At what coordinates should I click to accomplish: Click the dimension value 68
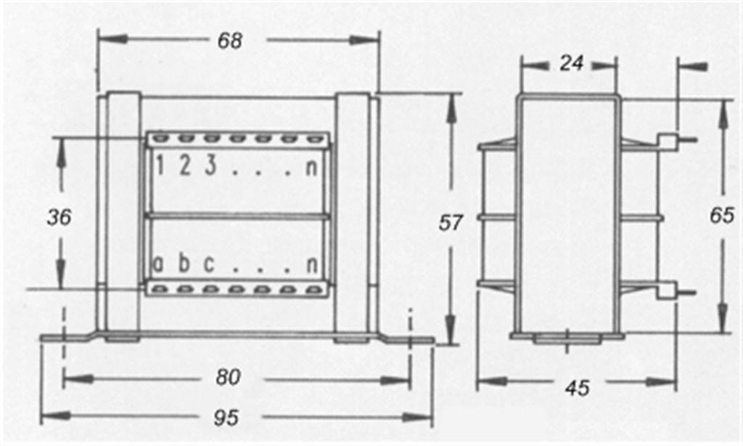tap(230, 41)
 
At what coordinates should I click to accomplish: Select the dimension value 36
tap(59, 217)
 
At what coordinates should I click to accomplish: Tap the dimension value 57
tap(450, 222)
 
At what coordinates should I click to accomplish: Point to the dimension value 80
tap(229, 377)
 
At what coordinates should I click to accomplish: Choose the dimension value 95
tap(226, 418)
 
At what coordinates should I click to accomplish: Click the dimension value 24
tap(572, 63)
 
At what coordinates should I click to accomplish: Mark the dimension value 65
tap(722, 216)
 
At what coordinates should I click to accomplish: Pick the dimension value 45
tap(578, 388)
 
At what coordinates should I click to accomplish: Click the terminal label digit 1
tap(160, 166)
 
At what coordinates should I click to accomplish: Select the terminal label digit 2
tap(185, 166)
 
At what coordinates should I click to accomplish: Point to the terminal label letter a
tap(158, 264)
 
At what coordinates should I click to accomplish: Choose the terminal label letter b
tap(184, 262)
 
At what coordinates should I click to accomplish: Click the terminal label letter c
tap(209, 264)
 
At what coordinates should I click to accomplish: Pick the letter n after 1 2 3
tap(311, 168)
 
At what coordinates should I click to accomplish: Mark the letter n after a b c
tap(312, 264)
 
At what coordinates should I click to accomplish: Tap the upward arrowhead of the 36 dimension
tap(61, 152)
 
